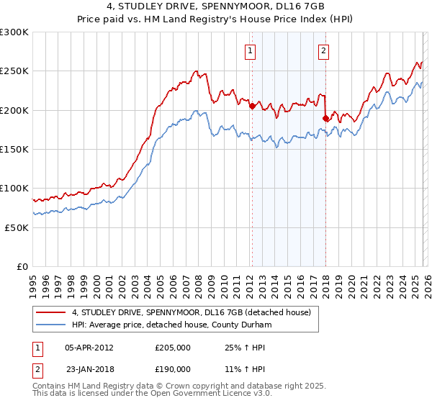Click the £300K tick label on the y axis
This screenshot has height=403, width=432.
point(14,32)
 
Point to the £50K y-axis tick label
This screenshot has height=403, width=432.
point(17,227)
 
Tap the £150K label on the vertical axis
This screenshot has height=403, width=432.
point(14,149)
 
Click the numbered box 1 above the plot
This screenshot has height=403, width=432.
point(250,50)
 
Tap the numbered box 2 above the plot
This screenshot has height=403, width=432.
point(324,50)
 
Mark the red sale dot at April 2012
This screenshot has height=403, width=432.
point(252,107)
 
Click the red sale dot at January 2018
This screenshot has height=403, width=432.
point(326,118)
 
